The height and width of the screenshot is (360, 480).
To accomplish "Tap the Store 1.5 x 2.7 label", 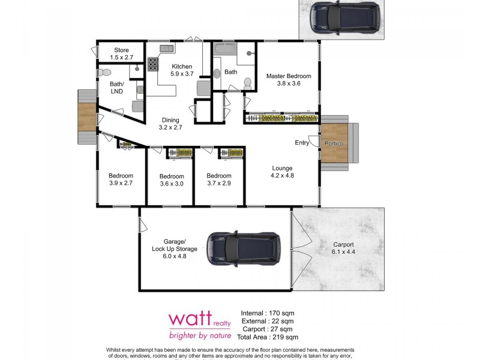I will [120, 53].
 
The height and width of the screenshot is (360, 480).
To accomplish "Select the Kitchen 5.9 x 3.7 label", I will [182, 70].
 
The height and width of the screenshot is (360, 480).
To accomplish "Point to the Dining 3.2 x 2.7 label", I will [170, 124].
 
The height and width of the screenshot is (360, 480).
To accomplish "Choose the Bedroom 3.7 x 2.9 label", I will [219, 179].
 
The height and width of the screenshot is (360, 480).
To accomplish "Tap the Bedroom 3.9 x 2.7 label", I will [121, 179].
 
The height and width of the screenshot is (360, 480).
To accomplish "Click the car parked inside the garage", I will [244, 249].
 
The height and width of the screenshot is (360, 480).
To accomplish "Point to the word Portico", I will [334, 144].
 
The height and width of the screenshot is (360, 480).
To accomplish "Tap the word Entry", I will [302, 142].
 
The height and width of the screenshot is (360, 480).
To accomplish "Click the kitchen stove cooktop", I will [152, 64].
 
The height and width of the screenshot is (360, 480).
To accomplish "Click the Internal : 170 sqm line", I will [268, 313].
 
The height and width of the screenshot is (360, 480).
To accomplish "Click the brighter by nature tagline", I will [200, 335].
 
